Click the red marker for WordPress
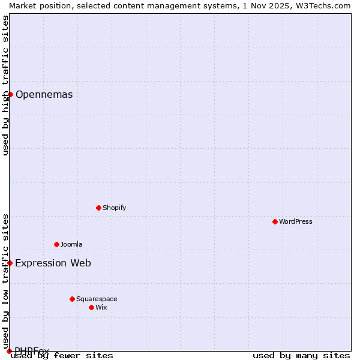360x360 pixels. coord(275,221)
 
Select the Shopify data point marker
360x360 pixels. coord(98,208)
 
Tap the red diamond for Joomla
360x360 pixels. coord(56,244)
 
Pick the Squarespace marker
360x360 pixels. coord(72,299)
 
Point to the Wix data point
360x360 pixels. coord(91,307)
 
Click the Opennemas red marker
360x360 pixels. coord(10,94)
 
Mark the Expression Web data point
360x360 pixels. coord(10,263)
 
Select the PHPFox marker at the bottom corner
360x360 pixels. coord(9,351)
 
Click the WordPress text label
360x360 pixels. coord(296,221)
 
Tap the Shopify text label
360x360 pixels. coord(114,208)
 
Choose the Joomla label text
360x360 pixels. coord(71,244)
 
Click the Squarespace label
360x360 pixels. coord(97,299)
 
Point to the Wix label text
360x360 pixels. coord(101,307)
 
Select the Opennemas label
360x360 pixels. coord(44,94)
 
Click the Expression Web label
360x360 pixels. coord(53,263)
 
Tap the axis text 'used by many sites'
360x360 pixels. coord(301,355)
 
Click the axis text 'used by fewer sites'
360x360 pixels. coord(62,355)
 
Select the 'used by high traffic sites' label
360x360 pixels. coord(5,85)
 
